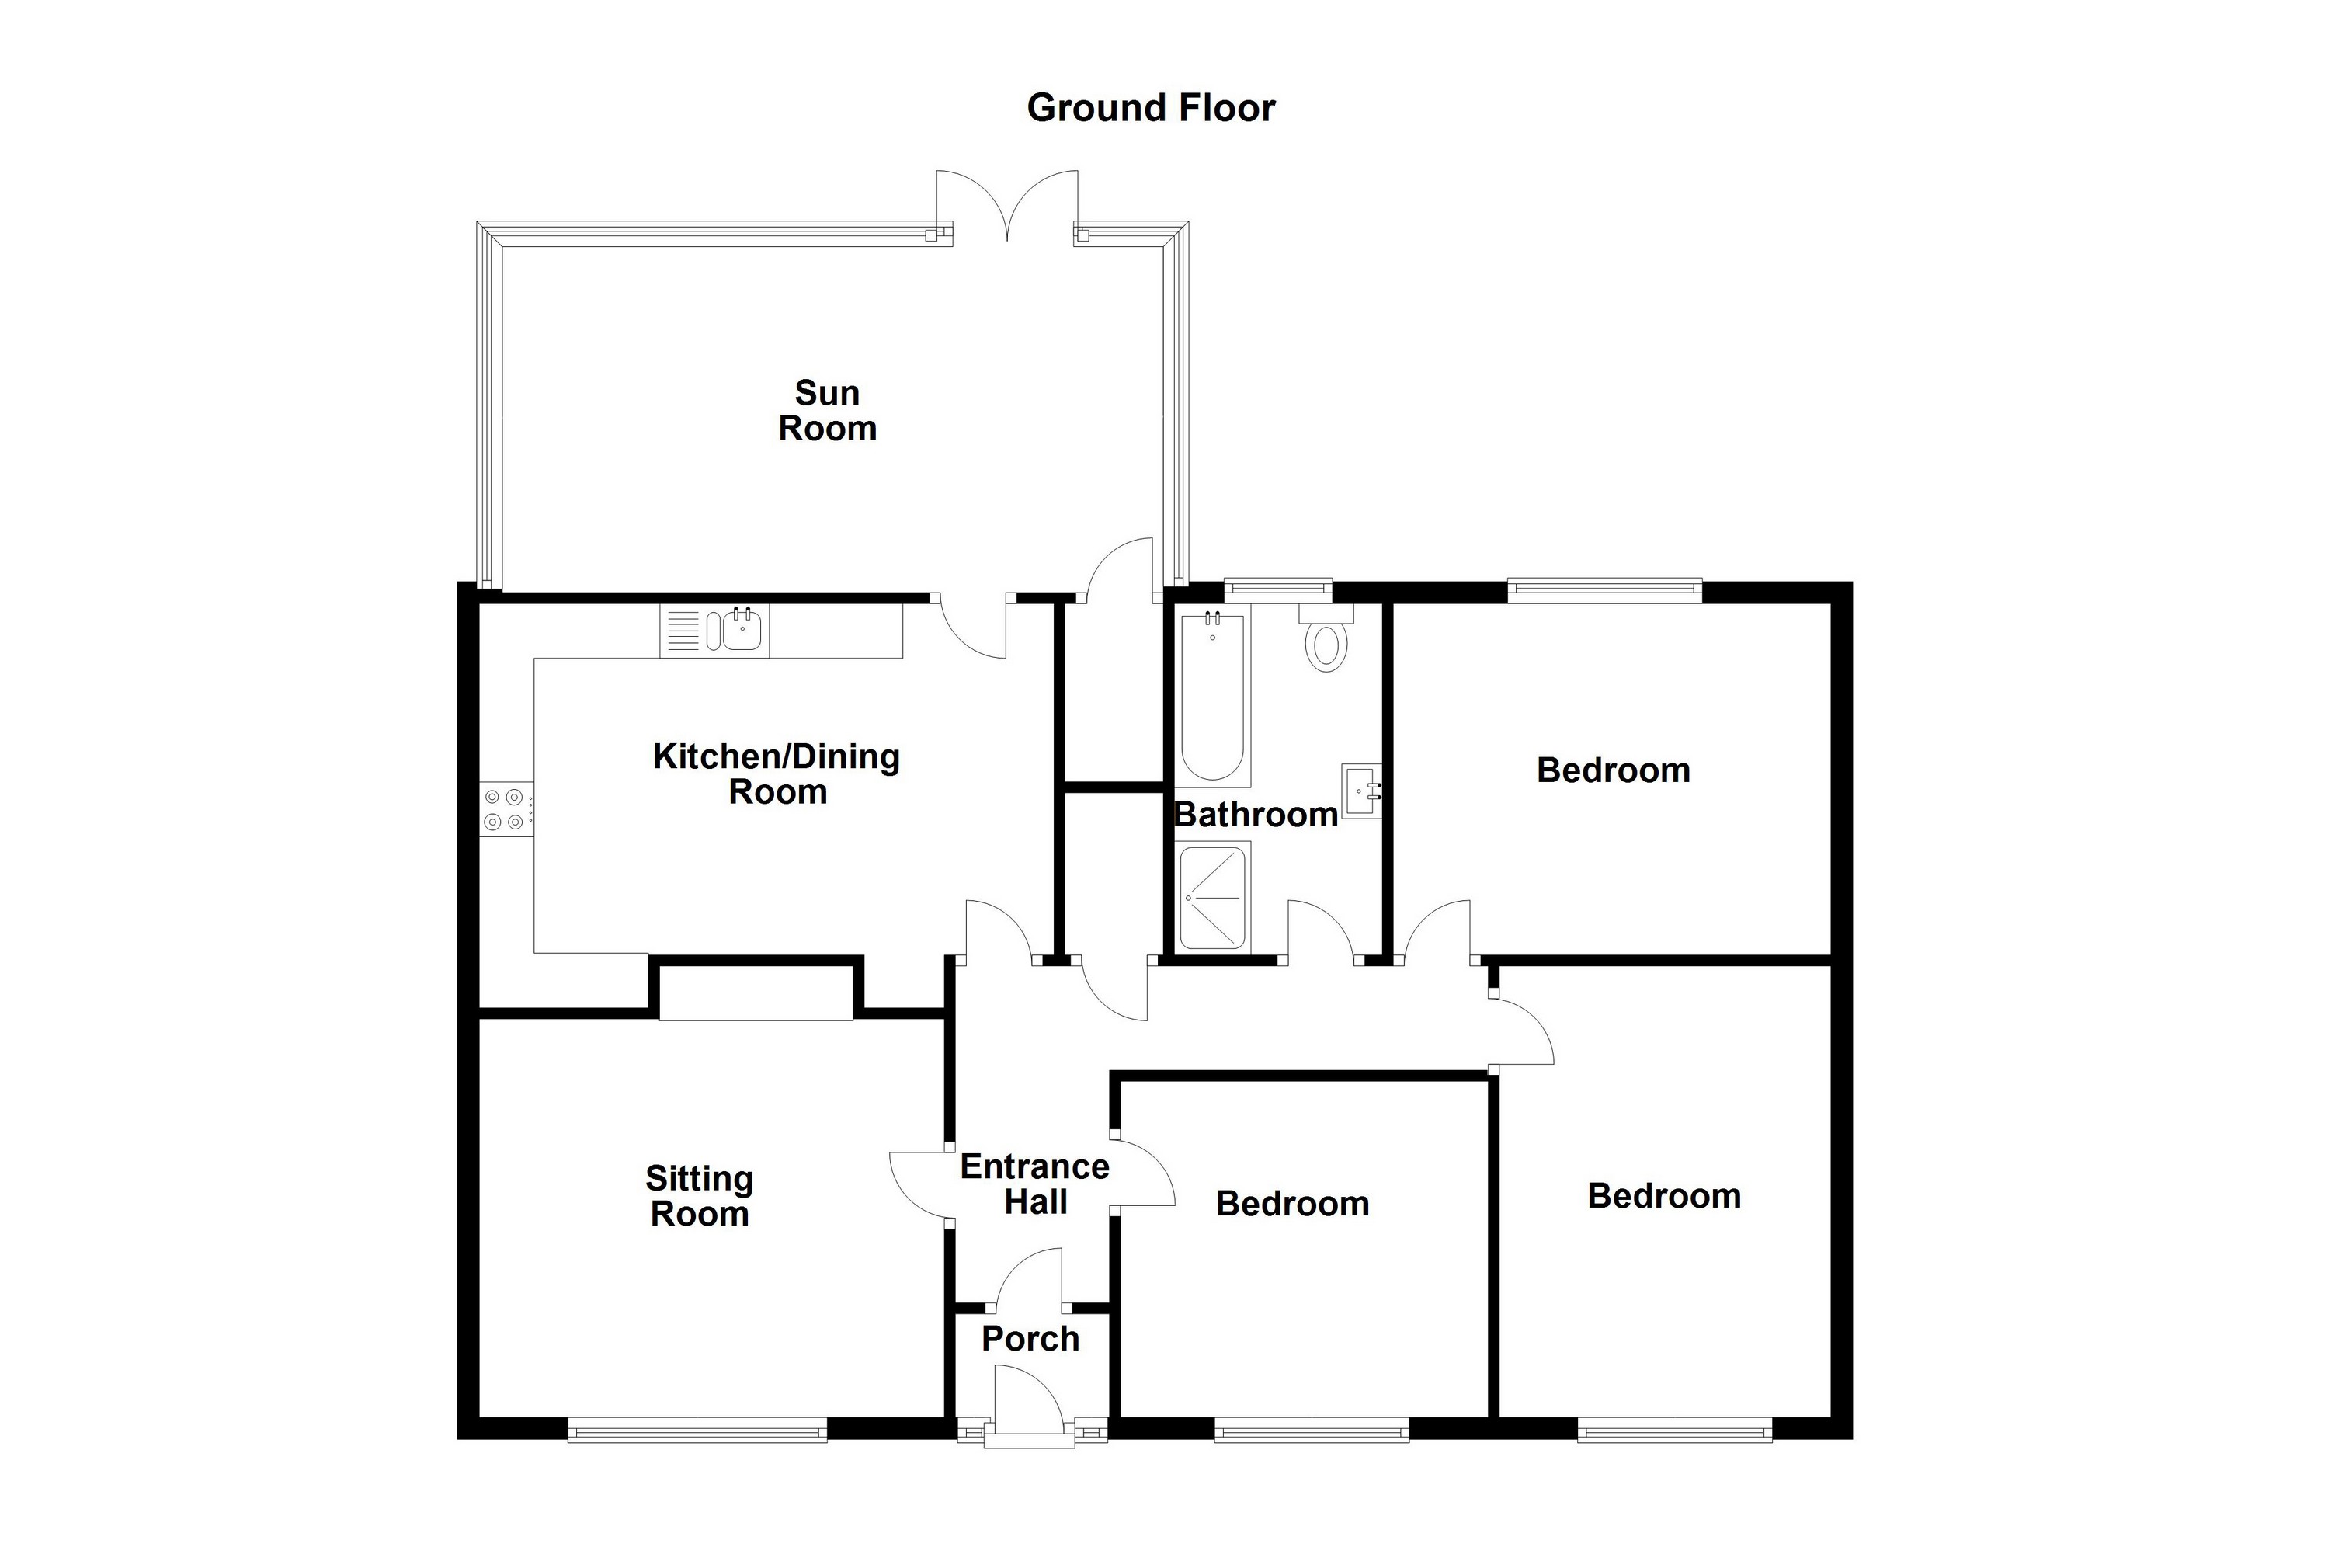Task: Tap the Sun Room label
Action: click(827, 410)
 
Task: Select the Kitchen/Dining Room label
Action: click(777, 774)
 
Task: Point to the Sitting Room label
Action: click(700, 1196)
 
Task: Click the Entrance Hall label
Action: click(1035, 1184)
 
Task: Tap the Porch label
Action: click(1030, 1339)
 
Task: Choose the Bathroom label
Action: click(1256, 815)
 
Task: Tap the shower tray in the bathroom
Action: click(1213, 897)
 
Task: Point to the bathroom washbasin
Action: click(1361, 791)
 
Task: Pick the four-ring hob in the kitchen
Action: click(506, 808)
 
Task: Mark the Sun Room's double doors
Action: click(1007, 204)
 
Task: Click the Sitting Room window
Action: click(698, 1431)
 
